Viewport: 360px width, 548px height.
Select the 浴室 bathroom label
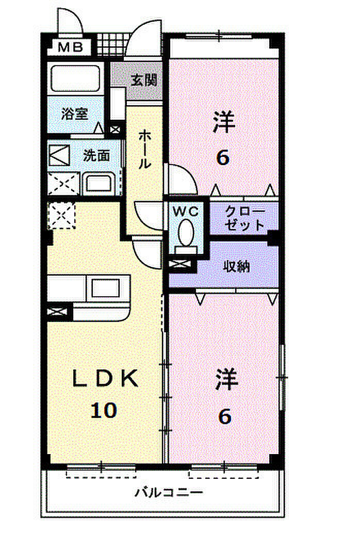pyautogui.click(x=74, y=114)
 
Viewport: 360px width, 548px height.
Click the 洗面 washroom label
pyautogui.click(x=96, y=155)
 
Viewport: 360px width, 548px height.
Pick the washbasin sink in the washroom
pyautogui.click(x=101, y=184)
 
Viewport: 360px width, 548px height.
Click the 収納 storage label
pyautogui.click(x=236, y=266)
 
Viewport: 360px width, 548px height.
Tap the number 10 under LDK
pyautogui.click(x=104, y=411)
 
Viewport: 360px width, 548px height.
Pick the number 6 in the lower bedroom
pyautogui.click(x=224, y=416)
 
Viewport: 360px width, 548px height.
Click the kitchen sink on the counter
pyautogui.click(x=106, y=286)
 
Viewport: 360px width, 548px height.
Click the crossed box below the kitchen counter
pyautogui.click(x=57, y=312)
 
